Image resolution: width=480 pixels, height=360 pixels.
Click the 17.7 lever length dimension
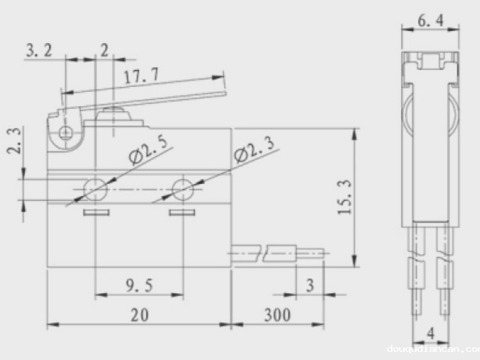tap(141, 76)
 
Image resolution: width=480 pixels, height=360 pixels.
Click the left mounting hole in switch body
tap(96, 189)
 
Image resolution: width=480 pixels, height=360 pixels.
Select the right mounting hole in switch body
tap(182, 189)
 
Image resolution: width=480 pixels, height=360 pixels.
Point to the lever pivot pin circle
tap(65, 133)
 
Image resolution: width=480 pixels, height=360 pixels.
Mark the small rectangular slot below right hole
tap(182, 214)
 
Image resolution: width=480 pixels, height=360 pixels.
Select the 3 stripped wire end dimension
tap(309, 286)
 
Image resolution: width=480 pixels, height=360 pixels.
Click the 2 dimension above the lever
tap(104, 50)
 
